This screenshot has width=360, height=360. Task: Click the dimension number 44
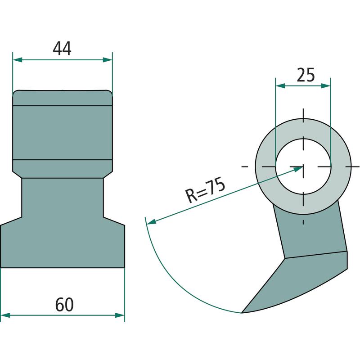[62, 49]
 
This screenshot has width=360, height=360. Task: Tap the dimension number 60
[64, 305]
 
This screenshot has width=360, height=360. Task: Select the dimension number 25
[306, 75]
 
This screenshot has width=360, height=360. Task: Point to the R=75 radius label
[205, 189]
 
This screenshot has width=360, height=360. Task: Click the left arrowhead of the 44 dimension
[18, 60]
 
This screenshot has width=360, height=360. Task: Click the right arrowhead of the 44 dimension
[108, 60]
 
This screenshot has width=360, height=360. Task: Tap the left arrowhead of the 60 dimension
[5, 315]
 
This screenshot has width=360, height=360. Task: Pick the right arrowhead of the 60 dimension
[120, 315]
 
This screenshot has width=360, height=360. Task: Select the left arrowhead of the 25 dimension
[280, 86]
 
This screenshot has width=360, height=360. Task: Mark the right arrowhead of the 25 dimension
[326, 86]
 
